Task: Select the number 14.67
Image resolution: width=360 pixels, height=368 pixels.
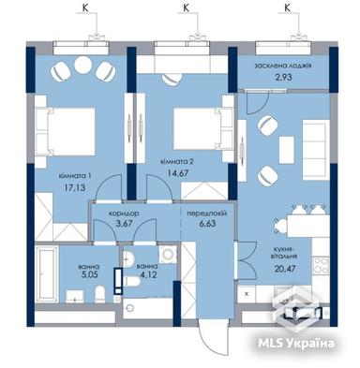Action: click(x=175, y=173)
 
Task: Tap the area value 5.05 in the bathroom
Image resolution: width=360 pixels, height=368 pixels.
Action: click(x=89, y=276)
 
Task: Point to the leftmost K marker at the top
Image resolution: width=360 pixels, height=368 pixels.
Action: click(x=87, y=8)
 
